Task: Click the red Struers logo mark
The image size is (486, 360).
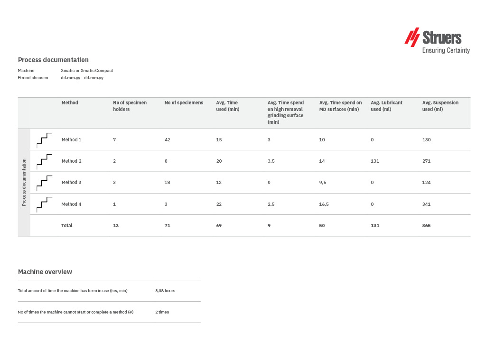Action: [412, 37]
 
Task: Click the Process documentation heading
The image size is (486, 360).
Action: [53, 60]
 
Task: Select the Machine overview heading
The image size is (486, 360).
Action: [45, 272]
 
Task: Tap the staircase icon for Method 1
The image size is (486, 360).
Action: [44, 139]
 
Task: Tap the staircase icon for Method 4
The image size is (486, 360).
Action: [44, 204]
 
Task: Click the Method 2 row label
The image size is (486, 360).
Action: [72, 161]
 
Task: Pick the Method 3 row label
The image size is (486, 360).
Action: [72, 182]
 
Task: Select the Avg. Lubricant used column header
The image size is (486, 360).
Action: [386, 106]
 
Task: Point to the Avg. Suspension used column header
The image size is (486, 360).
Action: [440, 106]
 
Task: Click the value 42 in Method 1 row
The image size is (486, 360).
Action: [168, 139]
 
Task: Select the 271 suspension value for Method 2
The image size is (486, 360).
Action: [426, 161]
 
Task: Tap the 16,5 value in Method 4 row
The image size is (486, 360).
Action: [324, 204]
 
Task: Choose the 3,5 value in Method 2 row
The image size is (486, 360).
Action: [271, 161]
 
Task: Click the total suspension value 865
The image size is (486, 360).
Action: [426, 225]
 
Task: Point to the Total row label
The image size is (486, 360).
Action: [67, 225]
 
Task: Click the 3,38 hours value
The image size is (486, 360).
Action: [165, 290]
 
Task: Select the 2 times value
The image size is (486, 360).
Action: [162, 312]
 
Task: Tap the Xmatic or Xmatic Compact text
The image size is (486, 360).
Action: [87, 71]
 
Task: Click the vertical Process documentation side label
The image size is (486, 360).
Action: [24, 182]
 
